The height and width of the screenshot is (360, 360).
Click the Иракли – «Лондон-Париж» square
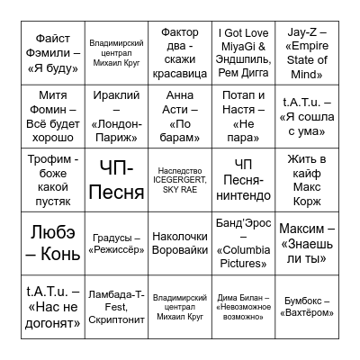pos(118,116)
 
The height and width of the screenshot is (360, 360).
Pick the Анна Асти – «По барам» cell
pos(180,116)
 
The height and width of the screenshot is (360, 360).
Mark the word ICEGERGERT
pos(180,178)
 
